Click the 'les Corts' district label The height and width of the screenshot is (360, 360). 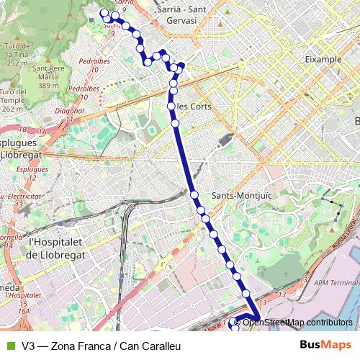pos(194,107)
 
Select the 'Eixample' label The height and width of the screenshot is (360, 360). pos(323,59)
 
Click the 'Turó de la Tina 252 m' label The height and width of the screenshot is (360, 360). pos(18,54)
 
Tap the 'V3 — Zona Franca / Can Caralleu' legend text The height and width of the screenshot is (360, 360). pos(101,346)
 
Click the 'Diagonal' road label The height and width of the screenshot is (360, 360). pos(70,112)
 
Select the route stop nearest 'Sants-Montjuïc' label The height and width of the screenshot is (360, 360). pos(194,194)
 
